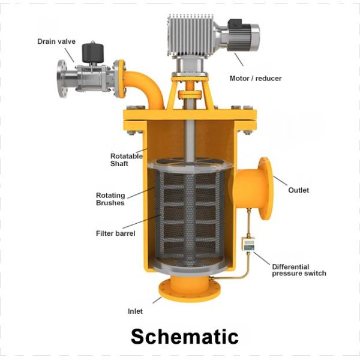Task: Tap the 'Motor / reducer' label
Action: [255, 79]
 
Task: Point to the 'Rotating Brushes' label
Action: [110, 199]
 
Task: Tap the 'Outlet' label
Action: [298, 190]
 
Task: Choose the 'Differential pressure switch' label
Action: [299, 270]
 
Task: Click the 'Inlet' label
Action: [135, 311]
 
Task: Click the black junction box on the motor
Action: [234, 25]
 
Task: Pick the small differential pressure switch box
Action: [246, 245]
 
